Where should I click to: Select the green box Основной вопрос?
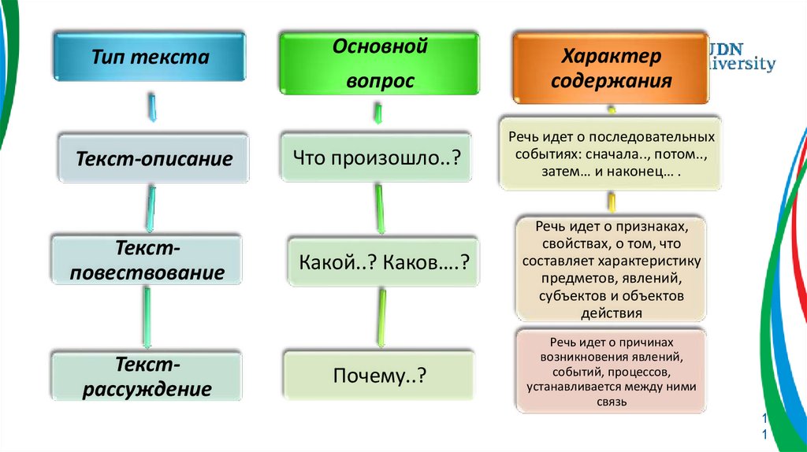(x=379, y=63)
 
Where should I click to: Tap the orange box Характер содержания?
(x=612, y=69)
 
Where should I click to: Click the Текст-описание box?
(x=154, y=159)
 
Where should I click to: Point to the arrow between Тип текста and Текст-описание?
(x=151, y=107)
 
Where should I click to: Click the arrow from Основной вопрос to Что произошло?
(x=379, y=115)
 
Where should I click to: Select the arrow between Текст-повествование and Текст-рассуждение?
(x=147, y=317)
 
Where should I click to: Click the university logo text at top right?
(x=743, y=57)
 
